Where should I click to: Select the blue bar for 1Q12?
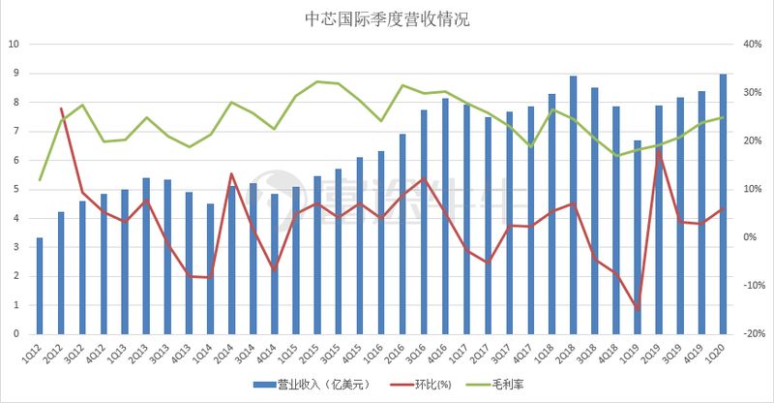point(40,286)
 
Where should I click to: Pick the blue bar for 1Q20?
point(723,204)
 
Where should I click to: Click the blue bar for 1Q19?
point(638,237)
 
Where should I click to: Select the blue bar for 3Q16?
point(424,222)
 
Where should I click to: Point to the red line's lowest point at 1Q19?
point(638,309)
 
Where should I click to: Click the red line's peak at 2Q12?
point(61,108)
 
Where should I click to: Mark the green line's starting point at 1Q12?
point(40,180)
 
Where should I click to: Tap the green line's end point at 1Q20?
point(723,117)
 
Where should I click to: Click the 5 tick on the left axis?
point(15,189)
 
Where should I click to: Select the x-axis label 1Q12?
point(36,353)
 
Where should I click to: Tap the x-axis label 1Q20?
point(719,353)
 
